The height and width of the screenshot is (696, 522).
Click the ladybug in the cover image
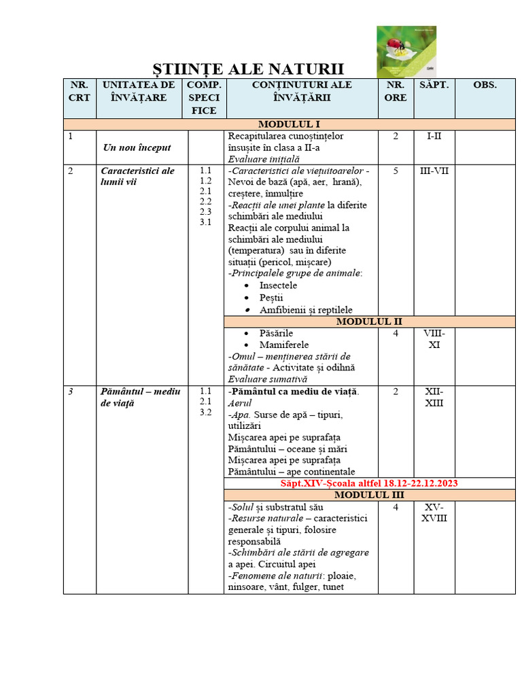click(x=394, y=46)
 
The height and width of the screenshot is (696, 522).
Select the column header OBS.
click(x=485, y=85)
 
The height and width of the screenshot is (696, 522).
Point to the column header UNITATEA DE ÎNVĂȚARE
click(x=139, y=91)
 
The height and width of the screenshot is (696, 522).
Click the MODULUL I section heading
click(x=288, y=124)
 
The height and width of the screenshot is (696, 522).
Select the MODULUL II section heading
click(x=369, y=321)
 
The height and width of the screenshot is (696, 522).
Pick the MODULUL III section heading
click(x=369, y=495)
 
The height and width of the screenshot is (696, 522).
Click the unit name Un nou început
click(x=137, y=147)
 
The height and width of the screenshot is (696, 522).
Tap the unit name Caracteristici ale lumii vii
click(x=137, y=176)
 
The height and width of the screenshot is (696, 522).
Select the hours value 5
click(x=396, y=171)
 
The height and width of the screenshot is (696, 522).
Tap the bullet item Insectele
click(x=278, y=285)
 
